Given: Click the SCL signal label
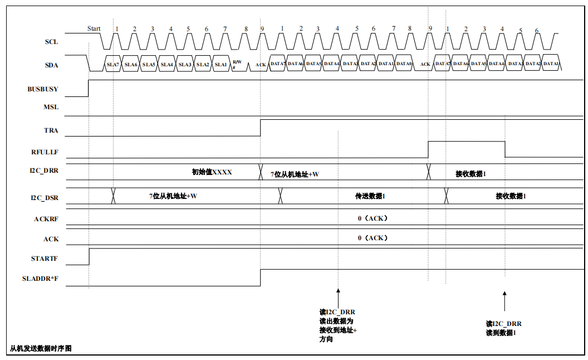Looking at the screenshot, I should pos(51,42).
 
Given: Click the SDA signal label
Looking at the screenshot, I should pos(51,65).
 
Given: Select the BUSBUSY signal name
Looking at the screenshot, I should pos(43,89).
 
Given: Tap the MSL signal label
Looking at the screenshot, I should pos(51,106).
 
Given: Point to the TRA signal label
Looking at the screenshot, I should pos(51,131).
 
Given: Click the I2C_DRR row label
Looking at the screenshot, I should pos(44,171).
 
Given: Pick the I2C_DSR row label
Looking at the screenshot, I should pos(45,198).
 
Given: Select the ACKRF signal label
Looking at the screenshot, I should pos(46,219).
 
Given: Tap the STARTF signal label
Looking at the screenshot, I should pos(45,259).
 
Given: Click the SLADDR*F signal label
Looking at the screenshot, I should pos(41,278).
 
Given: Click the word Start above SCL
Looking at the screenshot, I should pos(94,28).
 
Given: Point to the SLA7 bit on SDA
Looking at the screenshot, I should pos(113,65).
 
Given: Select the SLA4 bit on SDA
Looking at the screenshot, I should pos(167,65).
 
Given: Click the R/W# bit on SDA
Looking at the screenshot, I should pos(237,64).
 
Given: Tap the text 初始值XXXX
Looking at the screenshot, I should pos(212,172).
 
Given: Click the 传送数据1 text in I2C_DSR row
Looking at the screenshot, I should pos(370,196).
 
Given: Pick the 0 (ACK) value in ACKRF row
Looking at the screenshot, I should pos(373,218).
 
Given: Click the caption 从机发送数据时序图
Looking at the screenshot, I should pos(41,348).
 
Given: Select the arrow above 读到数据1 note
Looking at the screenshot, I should pos(504,301).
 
